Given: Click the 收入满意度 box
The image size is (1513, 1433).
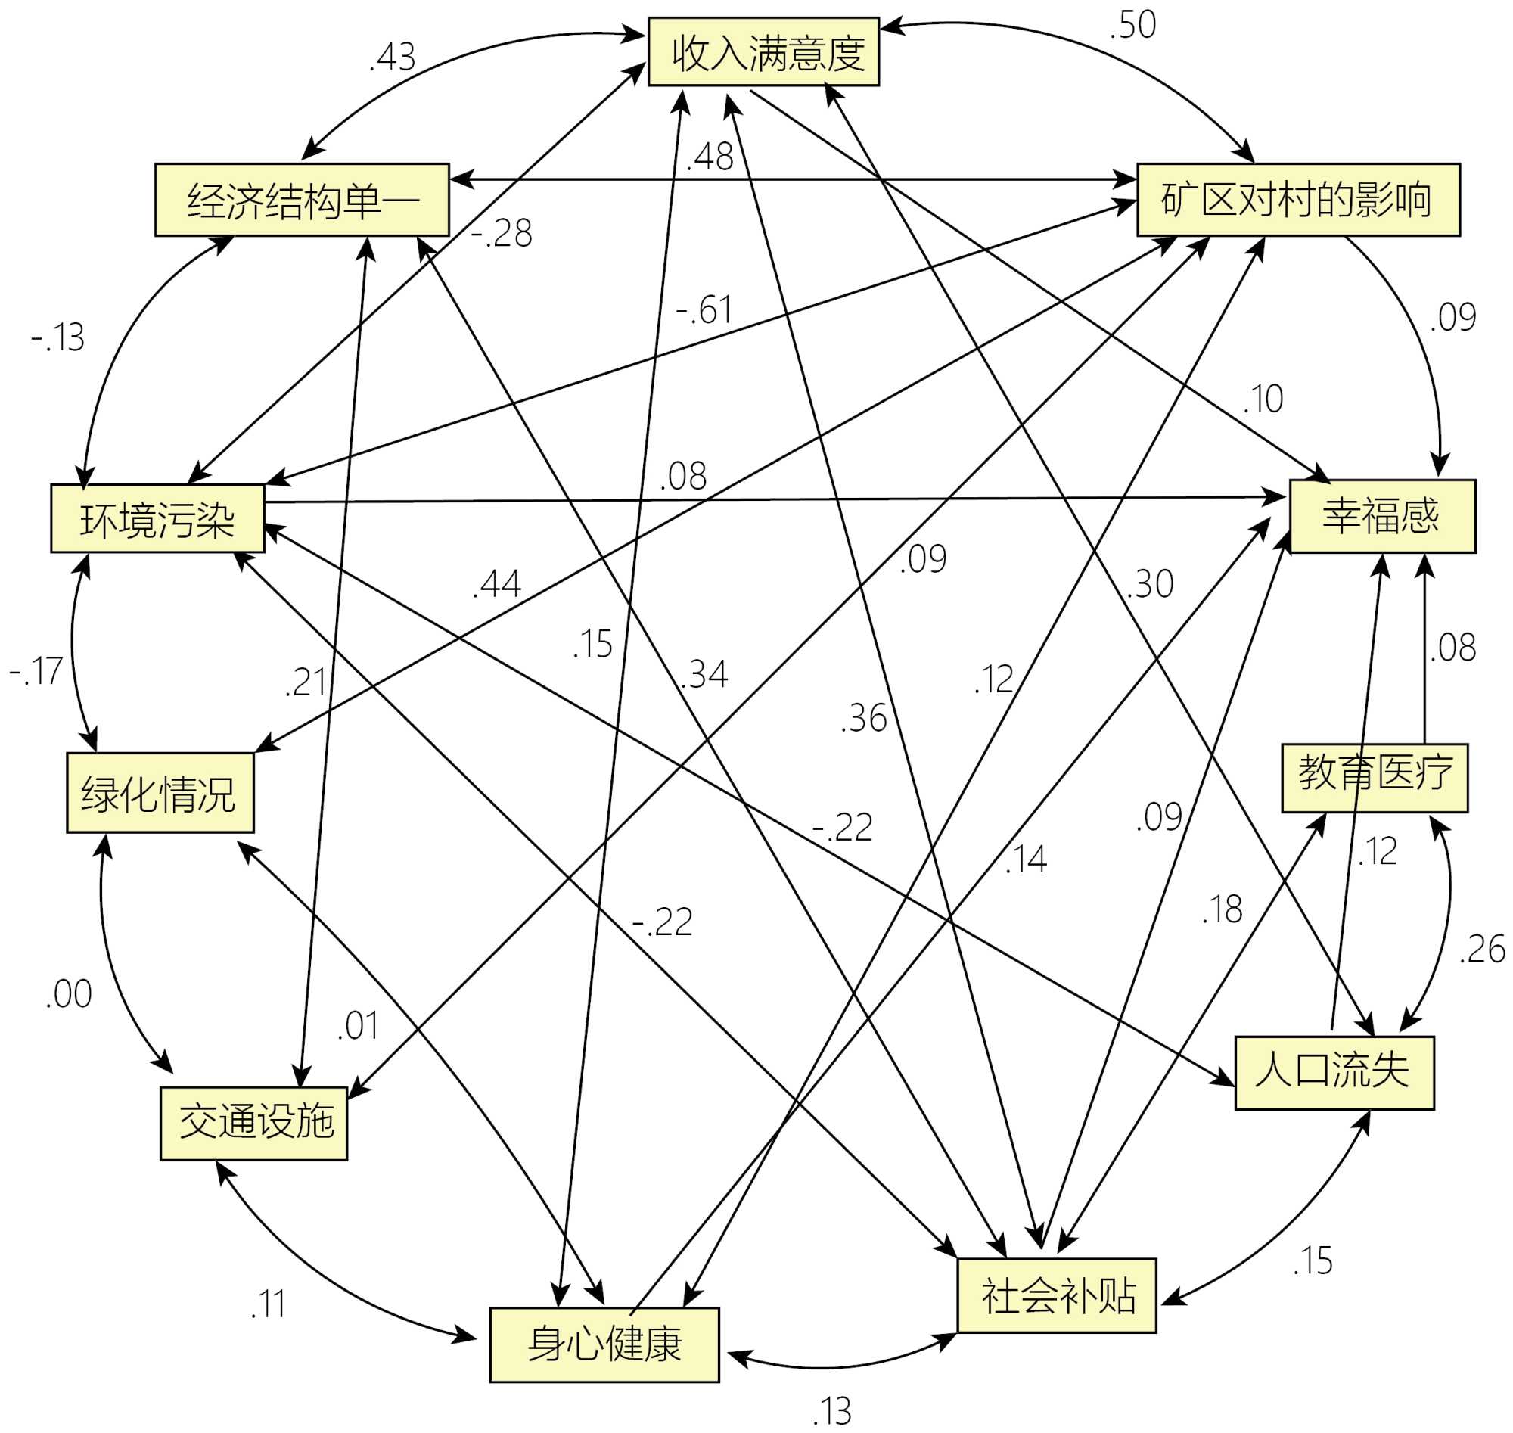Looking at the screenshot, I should (763, 52).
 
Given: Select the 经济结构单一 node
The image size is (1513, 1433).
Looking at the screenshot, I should (302, 200).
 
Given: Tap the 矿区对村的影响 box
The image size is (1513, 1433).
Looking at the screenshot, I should (1297, 200).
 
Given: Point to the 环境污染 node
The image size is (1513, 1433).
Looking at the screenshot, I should (157, 519).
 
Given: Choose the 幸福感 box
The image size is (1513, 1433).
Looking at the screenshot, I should (1381, 515).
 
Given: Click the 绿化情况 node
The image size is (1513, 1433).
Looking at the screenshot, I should (160, 793).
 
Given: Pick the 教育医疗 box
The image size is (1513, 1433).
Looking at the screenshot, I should (1374, 778).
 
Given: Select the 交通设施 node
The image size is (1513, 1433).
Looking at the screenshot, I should (253, 1123).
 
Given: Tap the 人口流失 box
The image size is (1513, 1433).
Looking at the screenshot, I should (1334, 1072).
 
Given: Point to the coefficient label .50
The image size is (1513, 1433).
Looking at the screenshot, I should (1132, 25).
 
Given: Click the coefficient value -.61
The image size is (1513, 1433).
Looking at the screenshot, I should (704, 309).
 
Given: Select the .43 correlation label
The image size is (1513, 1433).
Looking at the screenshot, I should (393, 58).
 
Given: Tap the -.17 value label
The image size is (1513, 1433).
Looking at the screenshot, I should (35, 670).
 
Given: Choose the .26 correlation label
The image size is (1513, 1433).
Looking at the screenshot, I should (1482, 950).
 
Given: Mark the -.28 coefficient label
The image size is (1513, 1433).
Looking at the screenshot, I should (501, 233).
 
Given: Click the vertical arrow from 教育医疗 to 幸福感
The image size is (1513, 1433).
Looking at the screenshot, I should (1424, 649).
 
